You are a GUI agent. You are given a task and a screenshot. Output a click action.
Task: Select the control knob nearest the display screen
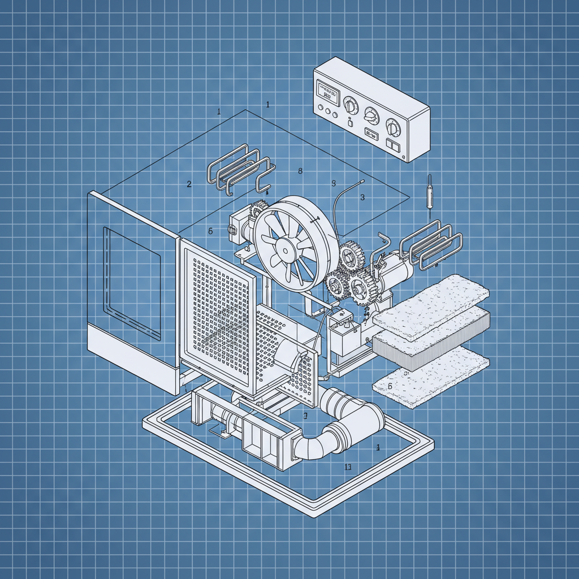(351, 106)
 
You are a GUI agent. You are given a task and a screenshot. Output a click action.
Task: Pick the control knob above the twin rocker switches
(392, 126)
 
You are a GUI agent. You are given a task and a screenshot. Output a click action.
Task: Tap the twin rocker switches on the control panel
(393, 145)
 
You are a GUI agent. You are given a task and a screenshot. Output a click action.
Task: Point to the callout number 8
(300, 171)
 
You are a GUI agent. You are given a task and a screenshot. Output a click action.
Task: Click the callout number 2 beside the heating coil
(189, 184)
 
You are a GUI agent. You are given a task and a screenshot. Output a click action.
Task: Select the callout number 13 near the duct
(348, 466)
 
